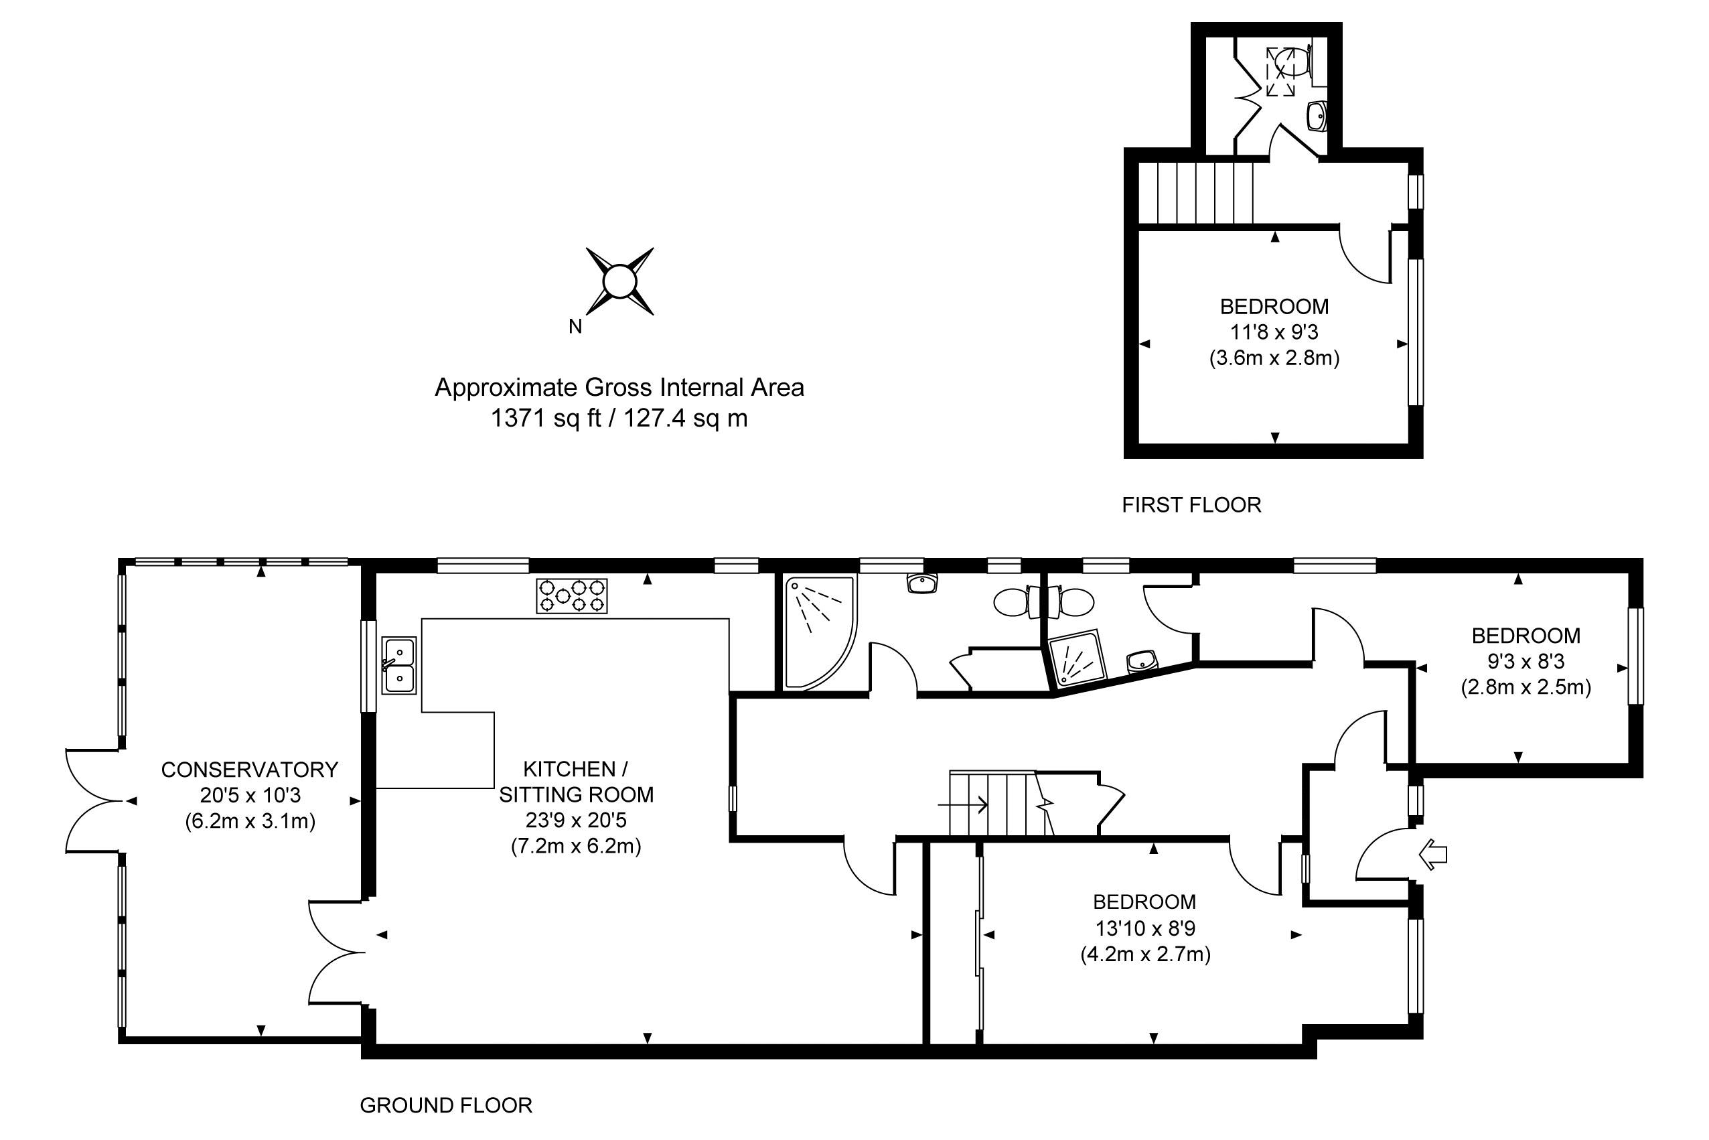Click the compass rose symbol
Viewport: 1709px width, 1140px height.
click(619, 281)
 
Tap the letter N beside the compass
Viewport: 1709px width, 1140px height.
click(575, 327)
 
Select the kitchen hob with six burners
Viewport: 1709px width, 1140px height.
click(571, 595)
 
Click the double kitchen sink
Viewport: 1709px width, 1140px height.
click(399, 665)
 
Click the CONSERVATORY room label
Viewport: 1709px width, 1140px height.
click(249, 769)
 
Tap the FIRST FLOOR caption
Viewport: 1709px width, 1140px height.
click(1191, 505)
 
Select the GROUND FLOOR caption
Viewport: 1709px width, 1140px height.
click(445, 1106)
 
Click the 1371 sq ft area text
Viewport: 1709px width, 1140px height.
click(619, 419)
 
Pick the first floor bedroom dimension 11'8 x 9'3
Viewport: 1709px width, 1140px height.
click(1274, 332)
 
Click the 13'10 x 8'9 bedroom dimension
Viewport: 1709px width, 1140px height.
click(1145, 928)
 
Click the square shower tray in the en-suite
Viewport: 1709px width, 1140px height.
click(1078, 658)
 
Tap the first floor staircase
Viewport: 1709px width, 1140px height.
click(1195, 193)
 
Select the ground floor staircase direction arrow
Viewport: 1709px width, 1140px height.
click(962, 805)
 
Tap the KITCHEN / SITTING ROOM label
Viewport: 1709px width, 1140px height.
click(576, 782)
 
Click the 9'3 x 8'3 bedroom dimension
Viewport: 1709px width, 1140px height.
click(1525, 662)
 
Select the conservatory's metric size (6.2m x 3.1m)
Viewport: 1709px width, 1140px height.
click(249, 822)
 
